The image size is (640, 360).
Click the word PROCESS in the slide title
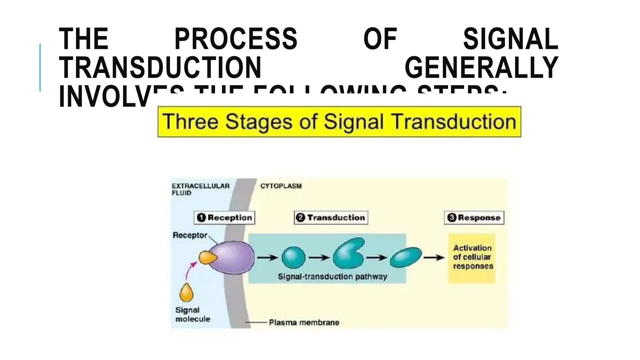(x=236, y=39)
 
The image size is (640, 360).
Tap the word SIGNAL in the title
(x=511, y=39)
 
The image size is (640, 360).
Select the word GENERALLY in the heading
(x=481, y=67)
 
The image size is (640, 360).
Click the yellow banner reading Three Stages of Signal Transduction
(x=339, y=122)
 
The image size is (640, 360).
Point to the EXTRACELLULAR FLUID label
(x=200, y=189)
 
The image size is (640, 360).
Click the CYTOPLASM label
(x=281, y=186)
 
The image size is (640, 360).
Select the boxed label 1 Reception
(x=224, y=217)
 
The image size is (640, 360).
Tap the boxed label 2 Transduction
(x=331, y=217)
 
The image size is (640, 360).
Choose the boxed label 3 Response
(x=474, y=217)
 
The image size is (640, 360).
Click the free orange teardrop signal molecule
(x=186, y=293)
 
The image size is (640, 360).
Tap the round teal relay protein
(x=293, y=257)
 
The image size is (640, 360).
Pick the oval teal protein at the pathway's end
(x=406, y=257)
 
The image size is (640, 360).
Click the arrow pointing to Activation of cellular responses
(x=434, y=257)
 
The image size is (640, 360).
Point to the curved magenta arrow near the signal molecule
(x=190, y=270)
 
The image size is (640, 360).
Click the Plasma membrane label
(x=304, y=322)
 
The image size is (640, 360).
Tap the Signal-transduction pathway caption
(x=332, y=277)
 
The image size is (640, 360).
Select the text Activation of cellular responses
(x=472, y=257)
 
